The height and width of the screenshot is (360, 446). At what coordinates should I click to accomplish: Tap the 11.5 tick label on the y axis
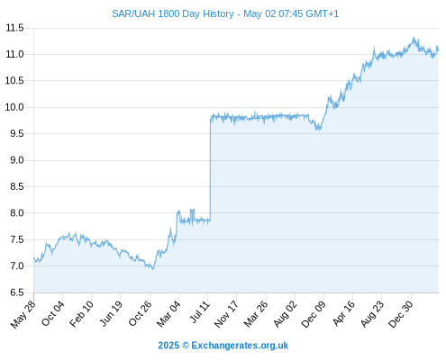tap(14, 28)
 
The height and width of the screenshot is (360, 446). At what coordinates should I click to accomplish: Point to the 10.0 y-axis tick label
tap(14, 107)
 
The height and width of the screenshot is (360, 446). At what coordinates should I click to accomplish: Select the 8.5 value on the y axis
tap(17, 186)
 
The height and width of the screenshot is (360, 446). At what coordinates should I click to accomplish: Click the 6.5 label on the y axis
tap(17, 292)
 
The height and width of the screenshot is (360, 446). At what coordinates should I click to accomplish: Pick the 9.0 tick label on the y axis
tap(17, 160)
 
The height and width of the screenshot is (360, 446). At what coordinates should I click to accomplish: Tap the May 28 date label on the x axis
tap(23, 314)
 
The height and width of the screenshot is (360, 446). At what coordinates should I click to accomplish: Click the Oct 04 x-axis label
tap(53, 314)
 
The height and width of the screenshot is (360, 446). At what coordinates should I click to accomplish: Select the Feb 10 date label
tap(81, 314)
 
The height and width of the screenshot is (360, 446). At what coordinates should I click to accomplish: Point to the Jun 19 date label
tap(111, 314)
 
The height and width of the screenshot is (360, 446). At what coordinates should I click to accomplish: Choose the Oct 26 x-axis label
tap(140, 314)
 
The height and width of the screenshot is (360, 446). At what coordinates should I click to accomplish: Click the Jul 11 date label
tap(200, 312)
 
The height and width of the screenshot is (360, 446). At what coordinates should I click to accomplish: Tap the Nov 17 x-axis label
tap(226, 314)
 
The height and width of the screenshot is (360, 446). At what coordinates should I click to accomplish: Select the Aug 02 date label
tap(286, 314)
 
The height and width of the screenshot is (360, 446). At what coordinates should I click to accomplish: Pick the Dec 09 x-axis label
tap(314, 314)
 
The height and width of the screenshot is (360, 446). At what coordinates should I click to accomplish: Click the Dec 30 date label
tap(401, 314)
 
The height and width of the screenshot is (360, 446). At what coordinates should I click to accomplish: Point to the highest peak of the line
tap(414, 38)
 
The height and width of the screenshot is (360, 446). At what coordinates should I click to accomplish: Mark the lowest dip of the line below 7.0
tap(153, 269)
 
